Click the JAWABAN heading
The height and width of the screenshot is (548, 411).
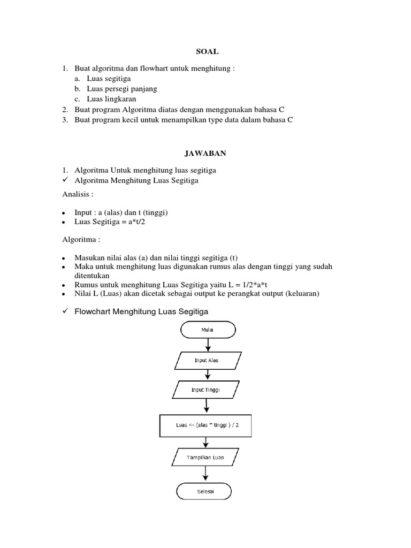[x=205, y=154]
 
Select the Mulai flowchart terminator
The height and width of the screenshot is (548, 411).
[x=208, y=330]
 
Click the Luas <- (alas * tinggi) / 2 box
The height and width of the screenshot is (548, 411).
[x=206, y=426]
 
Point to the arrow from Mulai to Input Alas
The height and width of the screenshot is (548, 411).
[x=207, y=345]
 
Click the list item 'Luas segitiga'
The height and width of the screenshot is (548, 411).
[x=109, y=78]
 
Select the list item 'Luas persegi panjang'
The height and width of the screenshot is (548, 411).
[x=122, y=89]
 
